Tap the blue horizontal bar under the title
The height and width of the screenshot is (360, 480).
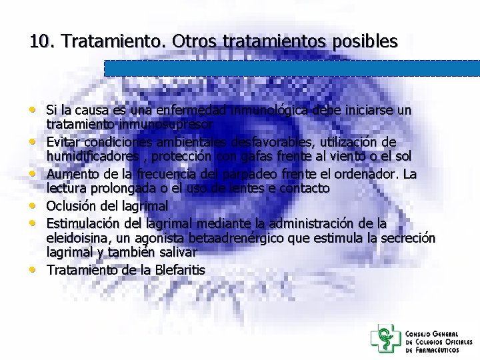tap(292, 68)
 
